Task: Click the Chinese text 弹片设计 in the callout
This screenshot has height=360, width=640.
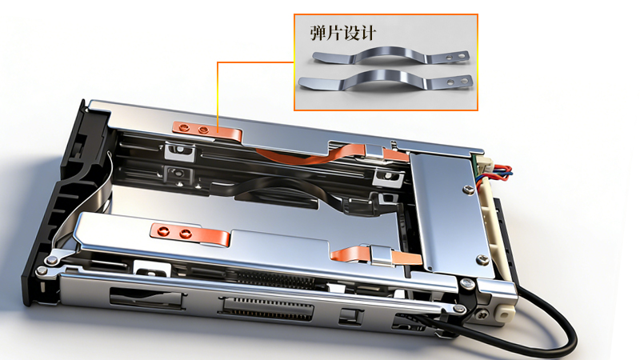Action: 342,34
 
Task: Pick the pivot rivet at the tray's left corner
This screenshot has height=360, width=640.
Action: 52,261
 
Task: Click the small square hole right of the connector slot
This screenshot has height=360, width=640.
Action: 348,314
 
